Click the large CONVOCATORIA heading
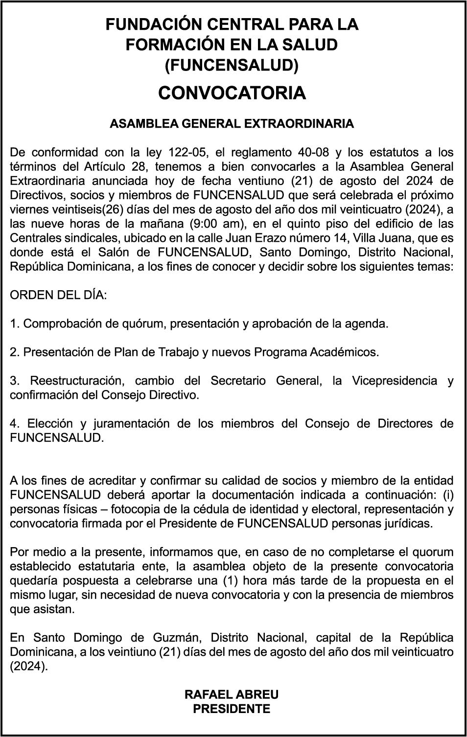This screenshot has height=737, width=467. [232, 93]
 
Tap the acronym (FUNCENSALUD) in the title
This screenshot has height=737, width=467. [232, 65]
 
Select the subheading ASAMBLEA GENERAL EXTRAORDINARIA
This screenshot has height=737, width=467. [232, 123]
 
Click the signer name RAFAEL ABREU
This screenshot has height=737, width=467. [232, 695]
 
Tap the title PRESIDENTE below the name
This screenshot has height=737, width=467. [232, 709]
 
